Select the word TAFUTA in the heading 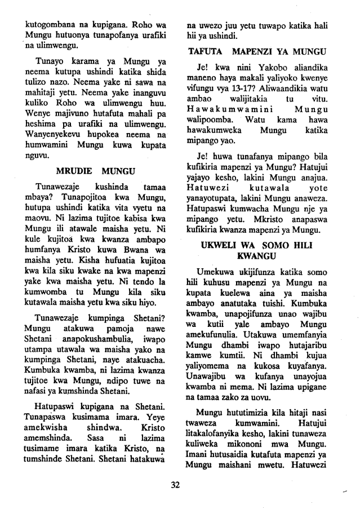point(204,52)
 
